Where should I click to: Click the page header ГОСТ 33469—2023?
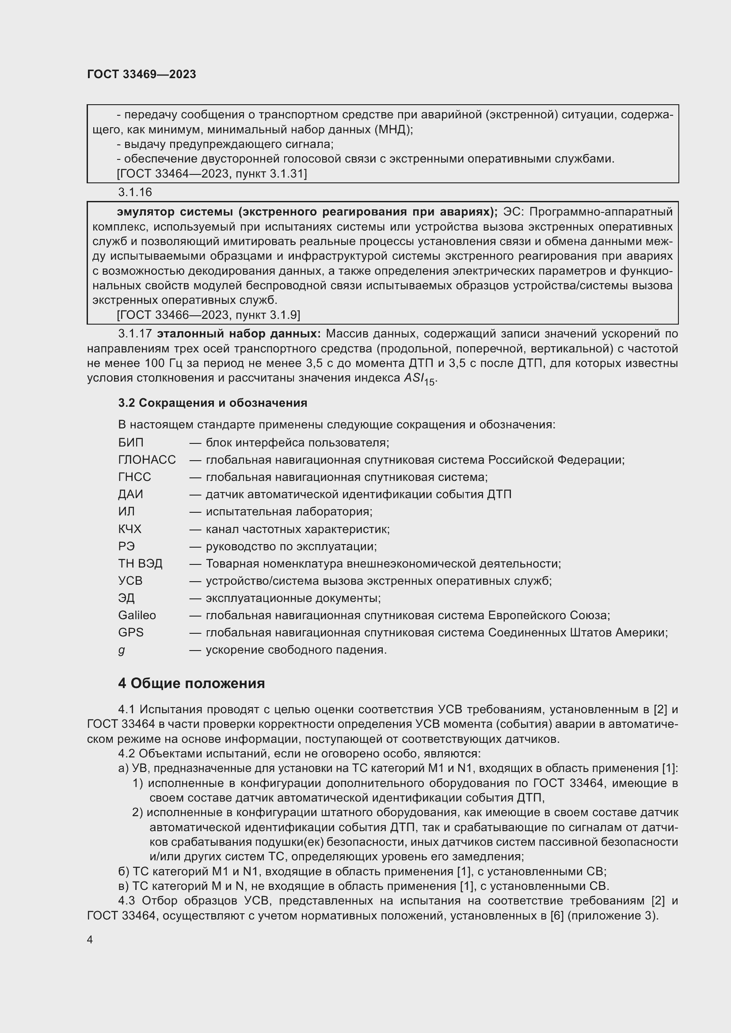coord(141,74)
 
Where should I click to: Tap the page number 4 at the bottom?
coord(90,939)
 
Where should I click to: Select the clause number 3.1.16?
coord(135,192)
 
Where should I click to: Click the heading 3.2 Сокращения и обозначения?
coord(213,403)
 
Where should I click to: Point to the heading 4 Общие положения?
coord(191,683)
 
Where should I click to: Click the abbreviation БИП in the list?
coord(130,443)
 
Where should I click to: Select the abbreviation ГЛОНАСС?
coord(147,460)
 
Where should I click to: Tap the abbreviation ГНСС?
coord(135,477)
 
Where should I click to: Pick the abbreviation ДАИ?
coord(130,495)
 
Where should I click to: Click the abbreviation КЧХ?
coord(129,529)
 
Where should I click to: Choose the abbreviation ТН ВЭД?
coord(140,564)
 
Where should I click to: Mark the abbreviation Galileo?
coord(137,616)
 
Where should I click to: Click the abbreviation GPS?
coord(130,632)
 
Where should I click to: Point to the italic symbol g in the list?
coord(121,651)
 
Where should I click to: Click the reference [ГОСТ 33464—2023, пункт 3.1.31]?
coord(212,174)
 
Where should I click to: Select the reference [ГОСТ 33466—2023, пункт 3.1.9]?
coord(209,315)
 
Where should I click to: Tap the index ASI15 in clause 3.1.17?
coord(419,379)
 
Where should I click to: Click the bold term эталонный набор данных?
coord(239,334)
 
